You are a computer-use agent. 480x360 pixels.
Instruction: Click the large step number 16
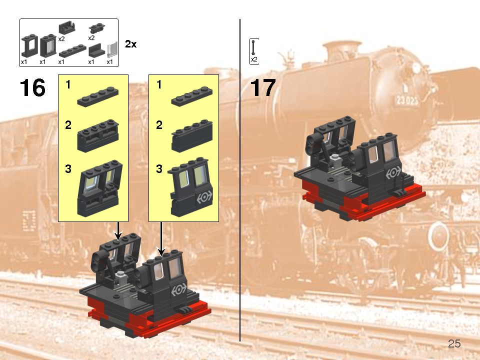(x=32, y=88)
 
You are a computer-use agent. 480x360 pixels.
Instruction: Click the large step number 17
(x=263, y=88)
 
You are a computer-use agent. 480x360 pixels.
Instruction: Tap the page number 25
(x=454, y=343)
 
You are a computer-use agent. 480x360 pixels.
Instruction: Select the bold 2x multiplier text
(x=130, y=44)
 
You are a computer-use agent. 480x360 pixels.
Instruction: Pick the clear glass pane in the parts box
(x=112, y=50)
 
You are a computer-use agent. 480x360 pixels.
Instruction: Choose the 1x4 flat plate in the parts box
(x=70, y=50)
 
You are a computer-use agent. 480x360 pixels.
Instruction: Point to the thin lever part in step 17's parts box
(x=254, y=47)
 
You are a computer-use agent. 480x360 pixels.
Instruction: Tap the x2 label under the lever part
(x=254, y=59)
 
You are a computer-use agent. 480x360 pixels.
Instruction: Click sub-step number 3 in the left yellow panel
(x=68, y=169)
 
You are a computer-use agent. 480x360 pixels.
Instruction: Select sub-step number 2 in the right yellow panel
(x=159, y=126)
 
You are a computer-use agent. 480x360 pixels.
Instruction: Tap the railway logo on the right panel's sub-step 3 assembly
(x=203, y=197)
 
